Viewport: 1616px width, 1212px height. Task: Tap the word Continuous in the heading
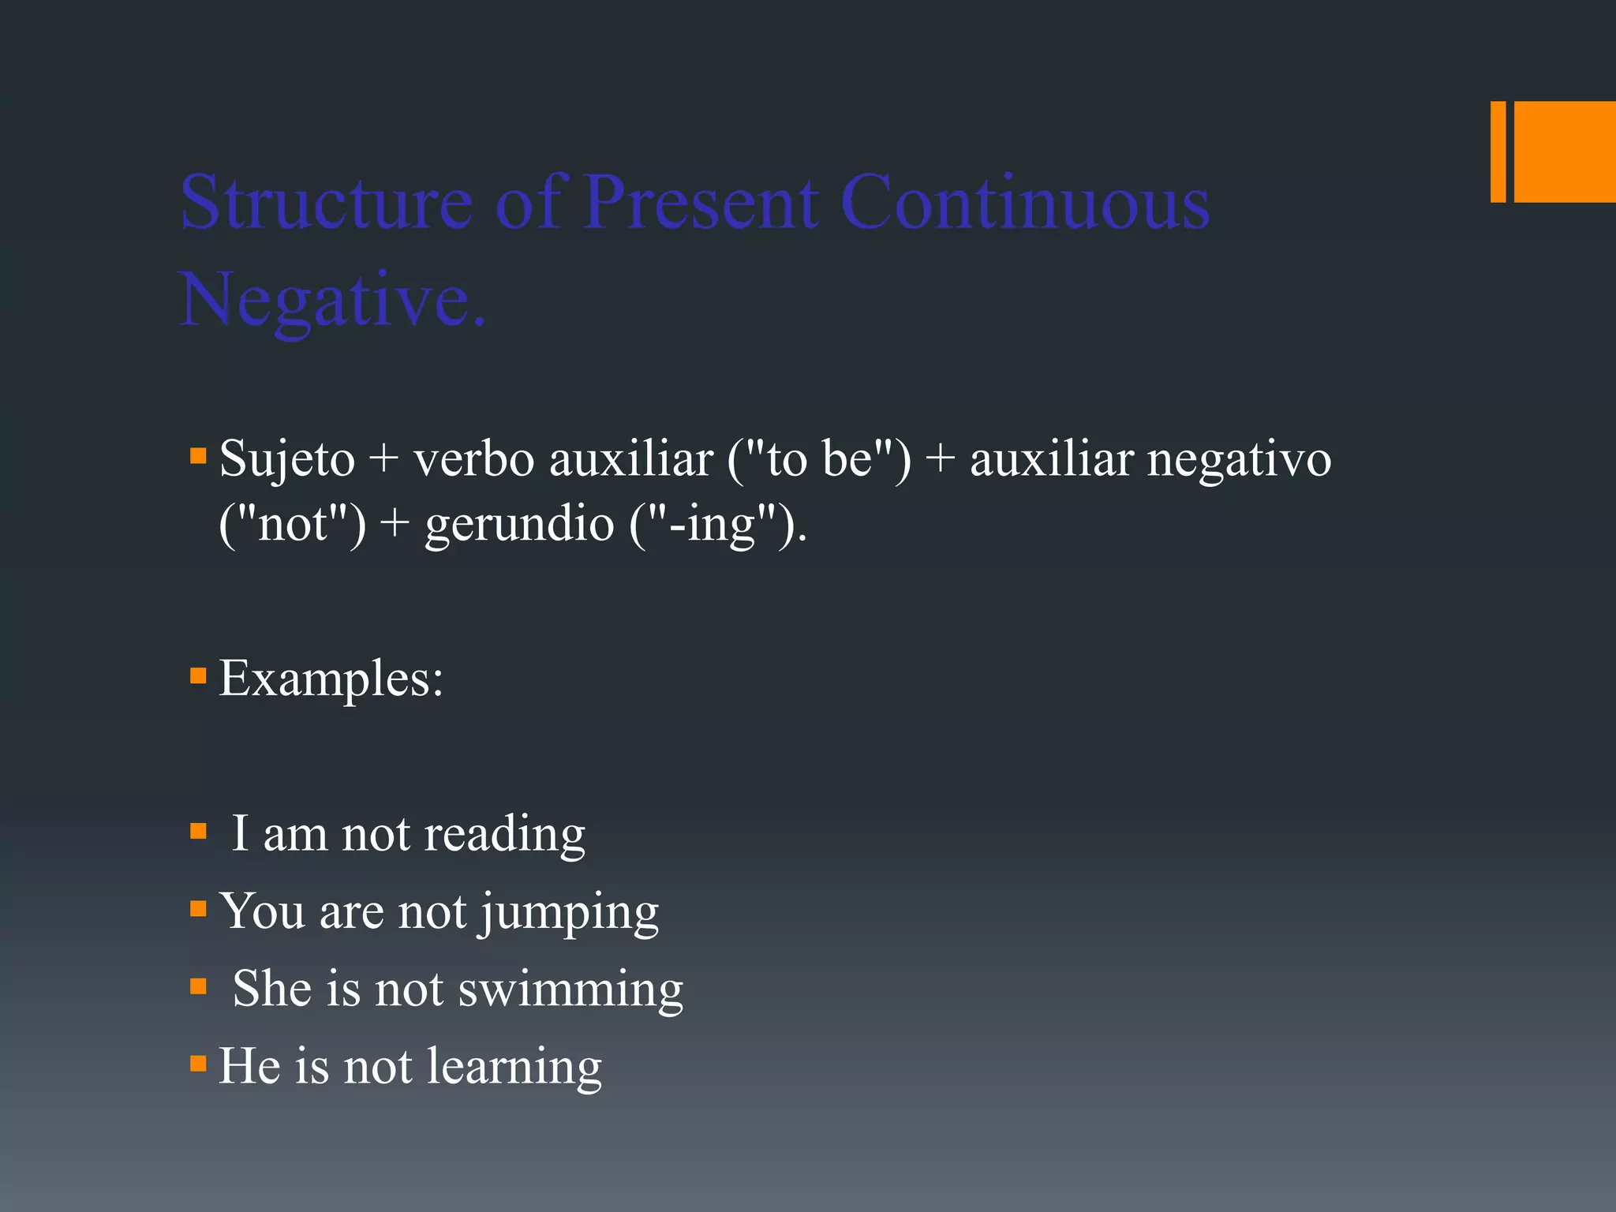coord(1025,203)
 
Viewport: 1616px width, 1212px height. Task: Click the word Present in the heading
coord(701,203)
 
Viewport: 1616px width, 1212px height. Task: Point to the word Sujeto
coord(287,459)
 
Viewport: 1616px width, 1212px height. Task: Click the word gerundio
coord(519,524)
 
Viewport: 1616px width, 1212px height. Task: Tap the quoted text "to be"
coord(820,458)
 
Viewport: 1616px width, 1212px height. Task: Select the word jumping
coord(570,912)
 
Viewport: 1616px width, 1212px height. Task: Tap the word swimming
coord(570,989)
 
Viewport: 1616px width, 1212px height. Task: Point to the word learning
coord(514,1066)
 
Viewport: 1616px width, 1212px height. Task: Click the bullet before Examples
coord(198,676)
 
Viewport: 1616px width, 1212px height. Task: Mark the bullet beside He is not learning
coord(198,1064)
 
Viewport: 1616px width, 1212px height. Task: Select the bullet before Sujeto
coord(198,456)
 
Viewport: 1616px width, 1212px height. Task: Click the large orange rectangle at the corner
coord(1565,151)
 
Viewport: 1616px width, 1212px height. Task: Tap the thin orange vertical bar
coord(1498,151)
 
